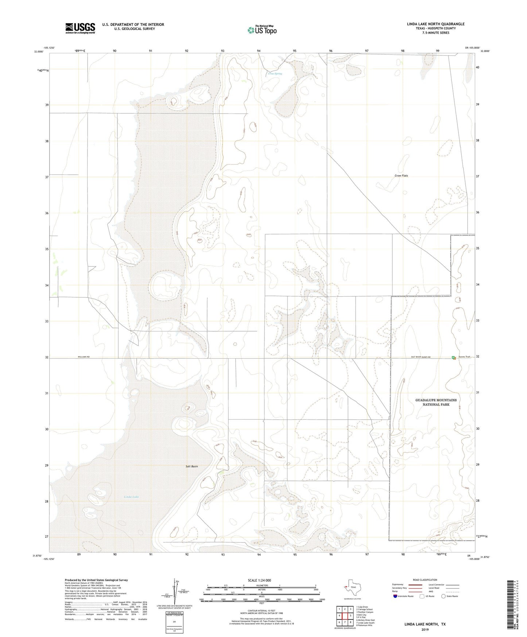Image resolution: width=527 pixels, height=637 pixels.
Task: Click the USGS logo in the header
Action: tap(80, 28)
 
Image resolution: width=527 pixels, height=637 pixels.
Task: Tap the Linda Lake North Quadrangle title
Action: tap(435, 24)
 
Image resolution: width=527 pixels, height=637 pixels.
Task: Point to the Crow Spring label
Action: tap(275, 74)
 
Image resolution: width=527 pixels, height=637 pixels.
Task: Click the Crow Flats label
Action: tap(401, 175)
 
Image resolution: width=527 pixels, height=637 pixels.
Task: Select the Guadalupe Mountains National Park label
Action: tap(436, 402)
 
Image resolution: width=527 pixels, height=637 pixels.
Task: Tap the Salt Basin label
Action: tap(191, 466)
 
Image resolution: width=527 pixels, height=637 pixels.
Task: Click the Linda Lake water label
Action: tap(131, 497)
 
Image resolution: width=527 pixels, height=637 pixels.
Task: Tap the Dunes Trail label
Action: tap(464, 357)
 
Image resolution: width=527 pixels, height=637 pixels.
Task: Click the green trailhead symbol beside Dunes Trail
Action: tap(453, 358)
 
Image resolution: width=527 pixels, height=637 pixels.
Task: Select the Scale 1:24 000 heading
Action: tap(259, 580)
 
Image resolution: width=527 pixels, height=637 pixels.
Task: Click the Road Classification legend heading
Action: tap(425, 580)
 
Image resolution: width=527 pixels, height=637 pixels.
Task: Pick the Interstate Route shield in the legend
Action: tap(395, 596)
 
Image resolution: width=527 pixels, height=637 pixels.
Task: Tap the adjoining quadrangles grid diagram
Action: tap(345, 616)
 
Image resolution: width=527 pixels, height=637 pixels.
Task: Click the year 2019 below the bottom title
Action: tap(425, 629)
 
